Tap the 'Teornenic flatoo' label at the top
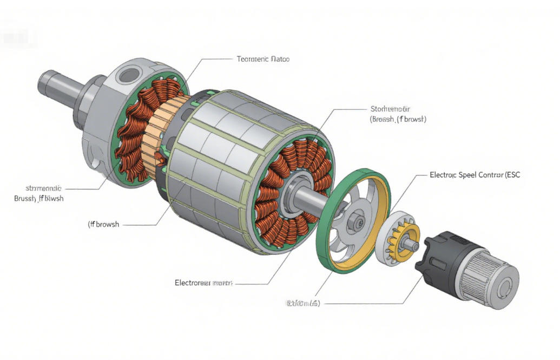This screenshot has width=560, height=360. [x=263, y=58]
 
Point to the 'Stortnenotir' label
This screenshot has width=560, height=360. [x=390, y=109]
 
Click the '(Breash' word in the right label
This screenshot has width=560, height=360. [x=383, y=119]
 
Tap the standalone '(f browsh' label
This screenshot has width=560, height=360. [x=103, y=224]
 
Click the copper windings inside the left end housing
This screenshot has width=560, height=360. [x=135, y=130]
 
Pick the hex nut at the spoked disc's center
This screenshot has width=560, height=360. [x=357, y=221]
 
